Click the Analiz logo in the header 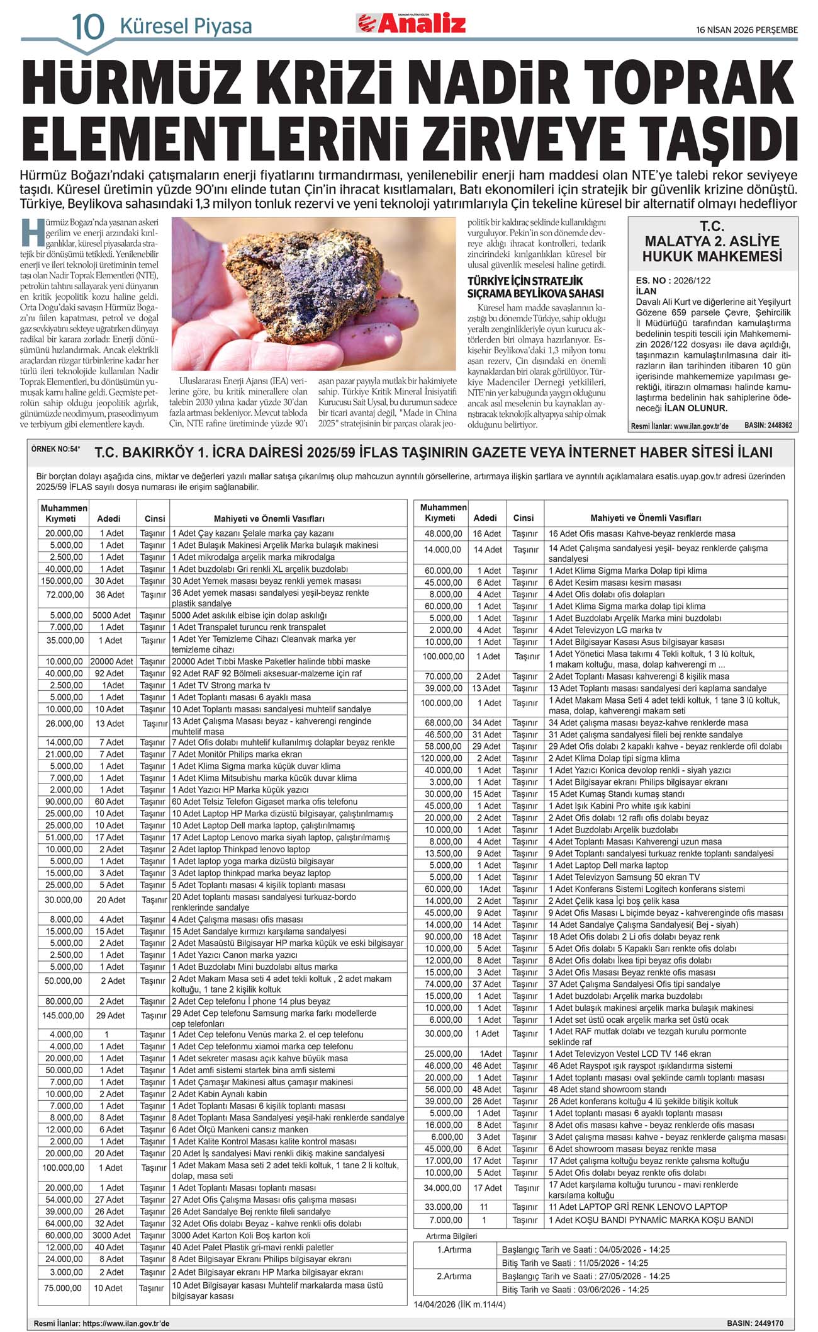pos(412,23)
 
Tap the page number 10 pos(87,26)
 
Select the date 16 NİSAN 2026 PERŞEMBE pos(747,30)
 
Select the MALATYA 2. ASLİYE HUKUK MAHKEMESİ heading pos(712,241)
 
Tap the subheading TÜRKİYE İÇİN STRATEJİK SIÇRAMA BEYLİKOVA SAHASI pos(535,287)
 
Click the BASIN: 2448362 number pos(768,426)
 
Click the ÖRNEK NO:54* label pos(56,449)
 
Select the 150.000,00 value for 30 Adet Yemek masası pos(62,581)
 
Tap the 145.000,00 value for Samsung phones pos(62,1015)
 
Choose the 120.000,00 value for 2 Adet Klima pos(442,758)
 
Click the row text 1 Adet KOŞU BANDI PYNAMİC pos(651,1220)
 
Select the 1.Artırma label pos(454,1249)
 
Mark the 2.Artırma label pos(454,1276)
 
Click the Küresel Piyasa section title pos(186,26)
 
